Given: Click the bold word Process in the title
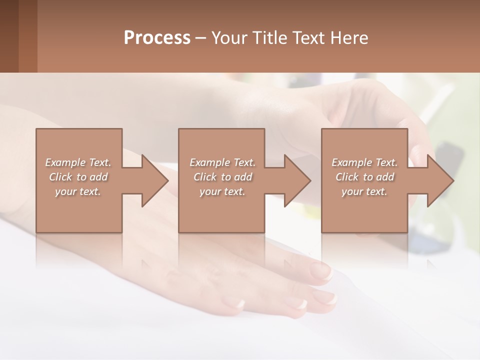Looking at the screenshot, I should point(157,38).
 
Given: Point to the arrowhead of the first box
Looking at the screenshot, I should point(154,180).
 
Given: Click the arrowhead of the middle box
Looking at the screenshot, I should point(297,180).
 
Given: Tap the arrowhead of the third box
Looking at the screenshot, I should point(440,180).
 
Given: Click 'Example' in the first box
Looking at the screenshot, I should point(65,162).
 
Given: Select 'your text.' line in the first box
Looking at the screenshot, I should point(78,191).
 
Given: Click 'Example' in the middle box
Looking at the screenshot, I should point(209,162).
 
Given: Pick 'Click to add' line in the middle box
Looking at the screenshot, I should point(222,177).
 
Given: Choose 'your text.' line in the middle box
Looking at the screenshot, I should point(222,191).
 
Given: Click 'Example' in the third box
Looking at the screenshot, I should point(351,162).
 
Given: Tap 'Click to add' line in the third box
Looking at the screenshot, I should point(365,177).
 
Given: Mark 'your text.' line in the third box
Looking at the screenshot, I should point(364,191).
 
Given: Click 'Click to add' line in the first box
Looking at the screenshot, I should point(78,177).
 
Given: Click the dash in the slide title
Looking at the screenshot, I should point(201,38).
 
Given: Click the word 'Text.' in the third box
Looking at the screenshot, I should point(386,162).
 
